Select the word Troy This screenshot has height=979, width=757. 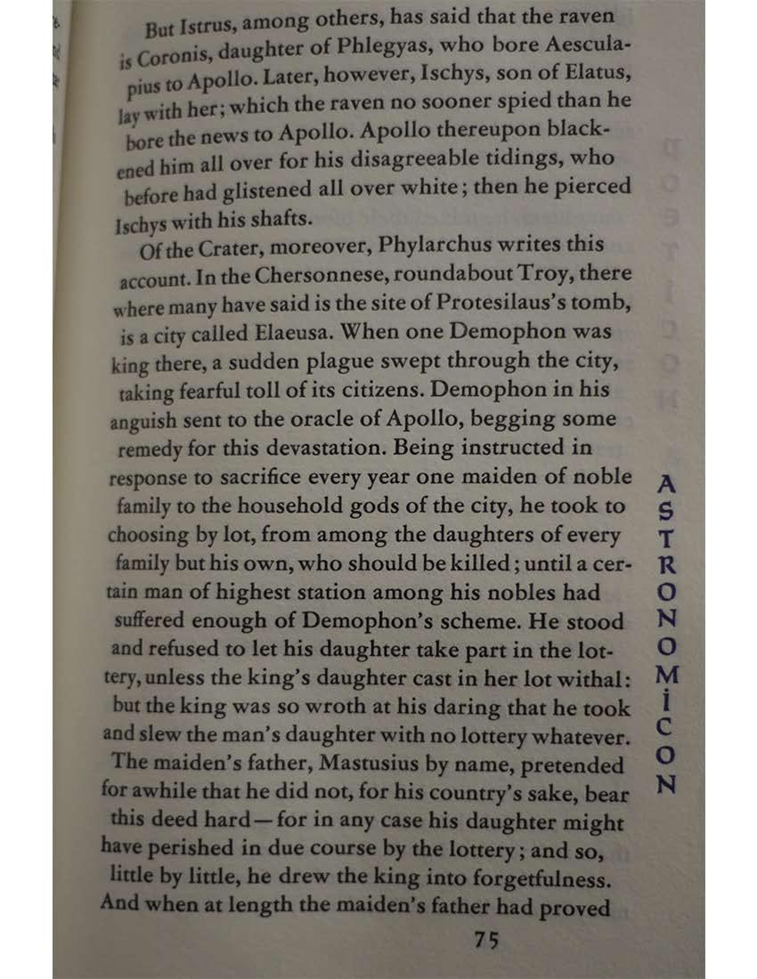(529, 272)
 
